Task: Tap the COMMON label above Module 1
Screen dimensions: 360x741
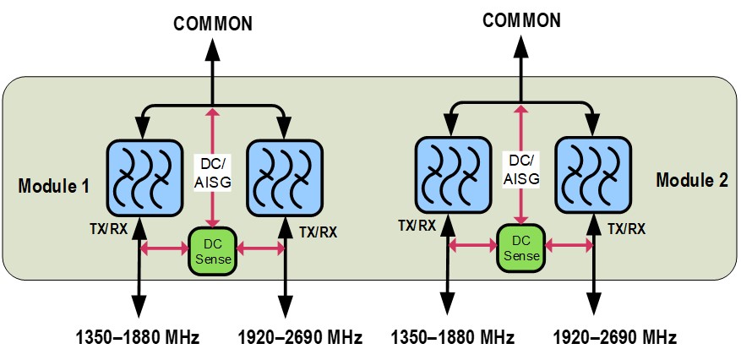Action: [x=213, y=24]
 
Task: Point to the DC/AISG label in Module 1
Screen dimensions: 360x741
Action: [x=211, y=171]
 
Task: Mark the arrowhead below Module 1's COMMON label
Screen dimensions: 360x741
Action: [x=213, y=48]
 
